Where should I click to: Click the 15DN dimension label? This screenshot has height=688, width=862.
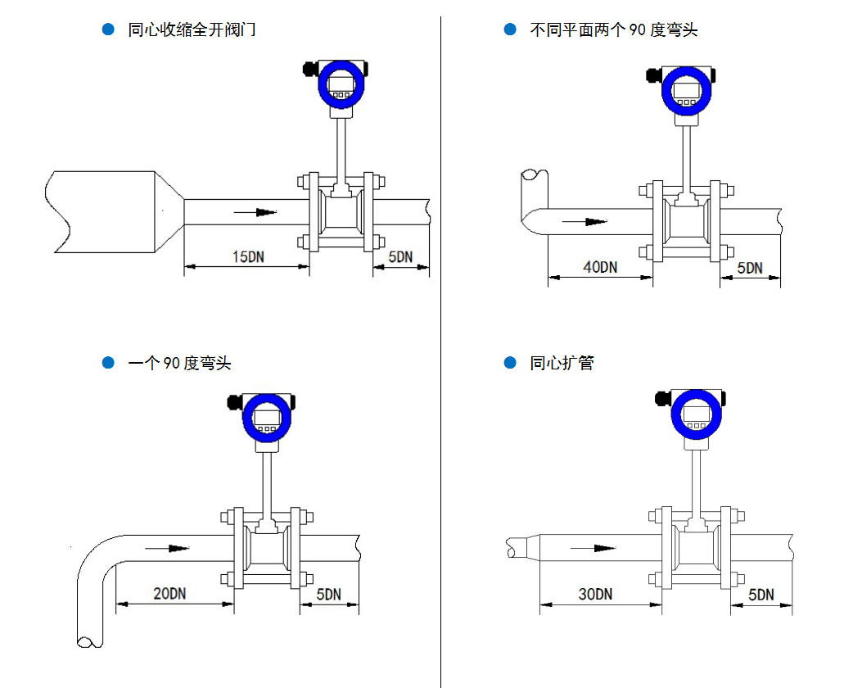[248, 257]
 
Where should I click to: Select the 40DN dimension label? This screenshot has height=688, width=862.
[600, 267]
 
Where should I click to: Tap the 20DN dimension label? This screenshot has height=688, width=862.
[169, 594]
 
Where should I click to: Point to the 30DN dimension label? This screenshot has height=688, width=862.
[595, 595]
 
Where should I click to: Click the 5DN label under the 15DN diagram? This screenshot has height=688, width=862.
[400, 257]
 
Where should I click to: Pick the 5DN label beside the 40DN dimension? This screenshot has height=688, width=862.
[749, 268]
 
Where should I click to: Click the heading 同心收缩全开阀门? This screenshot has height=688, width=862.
[192, 30]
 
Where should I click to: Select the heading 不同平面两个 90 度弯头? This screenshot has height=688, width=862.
[613, 30]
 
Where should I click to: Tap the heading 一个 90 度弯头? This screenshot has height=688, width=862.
[179, 363]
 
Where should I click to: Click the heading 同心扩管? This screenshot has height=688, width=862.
[562, 363]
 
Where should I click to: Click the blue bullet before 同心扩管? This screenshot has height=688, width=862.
[510, 362]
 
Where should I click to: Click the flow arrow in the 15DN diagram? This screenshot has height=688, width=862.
[255, 212]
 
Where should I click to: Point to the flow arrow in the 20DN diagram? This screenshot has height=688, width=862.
[167, 548]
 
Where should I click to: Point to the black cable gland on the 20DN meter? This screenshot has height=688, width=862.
[232, 401]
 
